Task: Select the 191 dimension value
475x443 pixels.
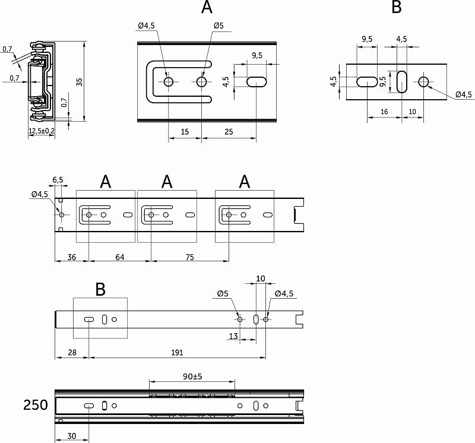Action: [176, 352]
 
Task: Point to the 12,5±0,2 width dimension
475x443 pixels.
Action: [42, 131]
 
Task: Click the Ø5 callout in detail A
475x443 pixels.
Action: [218, 26]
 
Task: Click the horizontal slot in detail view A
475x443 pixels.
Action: [256, 81]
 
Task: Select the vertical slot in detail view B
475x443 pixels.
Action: [401, 81]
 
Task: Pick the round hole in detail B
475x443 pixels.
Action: [424, 81]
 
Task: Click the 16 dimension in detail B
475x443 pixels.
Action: [384, 112]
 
